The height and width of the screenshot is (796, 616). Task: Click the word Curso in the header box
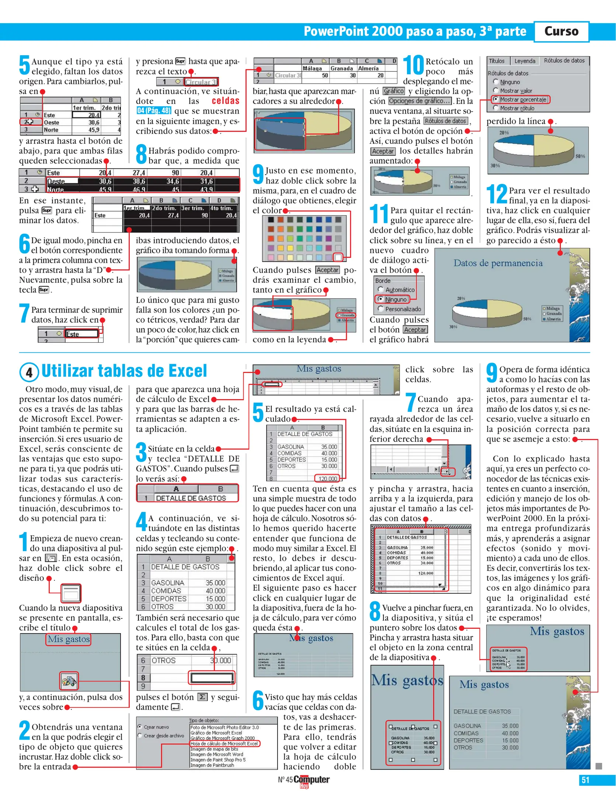561,31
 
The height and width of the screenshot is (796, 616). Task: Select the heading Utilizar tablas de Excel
124,371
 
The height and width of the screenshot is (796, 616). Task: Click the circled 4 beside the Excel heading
29,372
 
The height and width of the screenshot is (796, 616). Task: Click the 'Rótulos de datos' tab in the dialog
564,61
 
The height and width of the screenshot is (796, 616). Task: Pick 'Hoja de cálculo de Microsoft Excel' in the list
224,744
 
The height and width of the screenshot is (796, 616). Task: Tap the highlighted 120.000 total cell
328,478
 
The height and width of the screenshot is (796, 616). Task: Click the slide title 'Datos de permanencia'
498,263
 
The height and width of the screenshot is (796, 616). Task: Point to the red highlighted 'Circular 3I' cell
201,82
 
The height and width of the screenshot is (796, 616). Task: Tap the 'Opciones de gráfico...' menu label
420,101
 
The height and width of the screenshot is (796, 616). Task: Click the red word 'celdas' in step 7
225,101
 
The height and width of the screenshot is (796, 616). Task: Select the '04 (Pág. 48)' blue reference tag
154,111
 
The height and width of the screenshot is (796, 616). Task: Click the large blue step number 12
496,194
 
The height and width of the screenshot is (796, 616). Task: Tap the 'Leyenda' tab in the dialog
525,61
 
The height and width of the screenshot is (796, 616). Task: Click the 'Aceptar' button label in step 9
327,270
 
